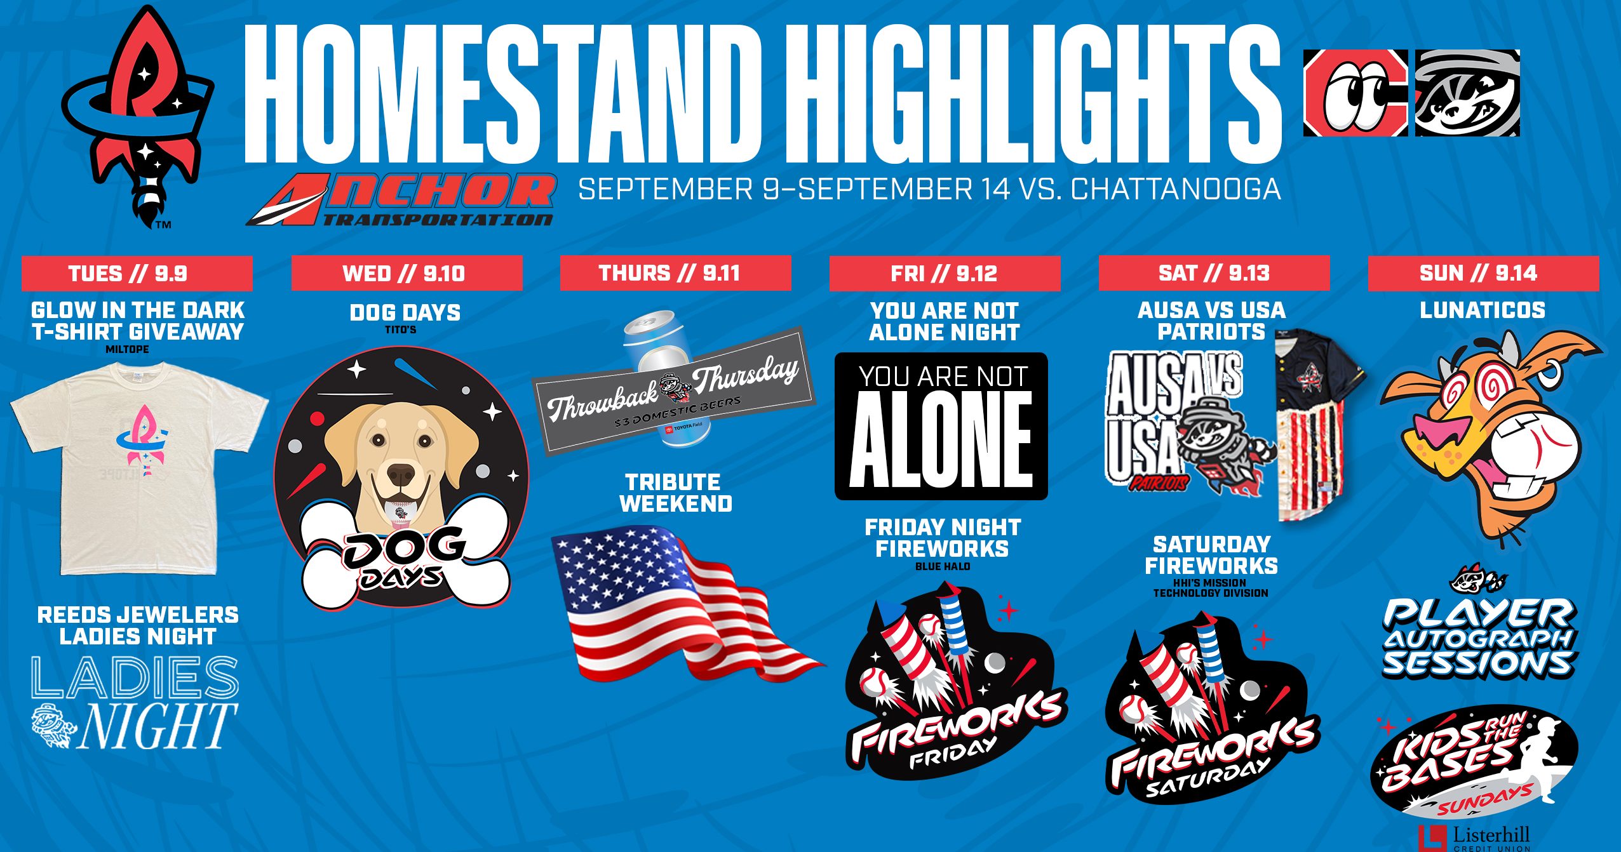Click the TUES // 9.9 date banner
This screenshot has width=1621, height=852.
[137, 273]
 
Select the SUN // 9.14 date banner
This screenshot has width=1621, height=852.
[1483, 273]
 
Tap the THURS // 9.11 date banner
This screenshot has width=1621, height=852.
[676, 273]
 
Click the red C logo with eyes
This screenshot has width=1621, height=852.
[1355, 93]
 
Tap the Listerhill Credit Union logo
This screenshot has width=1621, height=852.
[1474, 838]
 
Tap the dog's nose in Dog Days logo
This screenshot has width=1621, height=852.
[401, 474]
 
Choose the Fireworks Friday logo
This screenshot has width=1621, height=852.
[953, 683]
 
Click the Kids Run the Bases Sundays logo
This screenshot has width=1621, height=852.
[1474, 762]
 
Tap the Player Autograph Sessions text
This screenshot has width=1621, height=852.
[1479, 639]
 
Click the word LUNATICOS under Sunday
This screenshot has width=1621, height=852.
[1483, 310]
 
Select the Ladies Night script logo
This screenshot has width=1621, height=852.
[135, 703]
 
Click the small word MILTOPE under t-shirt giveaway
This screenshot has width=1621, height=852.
[128, 349]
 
